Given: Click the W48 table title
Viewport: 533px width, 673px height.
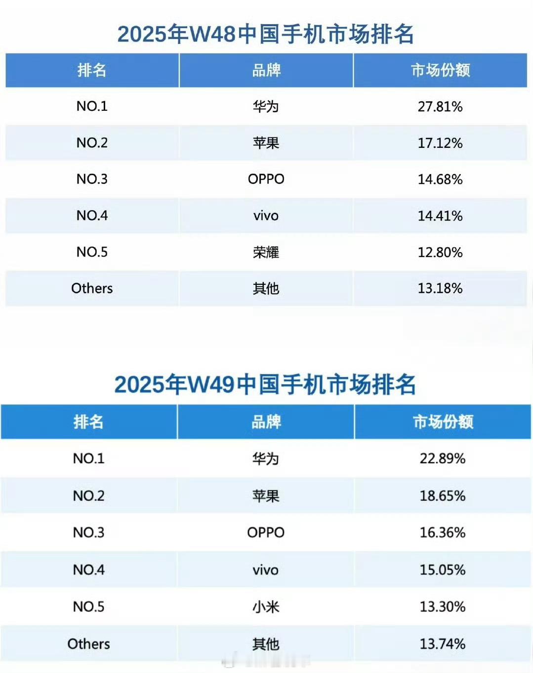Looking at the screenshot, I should coord(266,35).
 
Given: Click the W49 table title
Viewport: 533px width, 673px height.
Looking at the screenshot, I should coord(265,385).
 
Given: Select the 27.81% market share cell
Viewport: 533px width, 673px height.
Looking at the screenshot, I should coord(440,106).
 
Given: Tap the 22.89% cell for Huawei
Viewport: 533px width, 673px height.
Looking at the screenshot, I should coord(443,458).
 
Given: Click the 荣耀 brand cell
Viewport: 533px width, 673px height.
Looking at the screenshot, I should coord(266,252).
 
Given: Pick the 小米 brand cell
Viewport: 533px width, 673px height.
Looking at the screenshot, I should coord(266,607).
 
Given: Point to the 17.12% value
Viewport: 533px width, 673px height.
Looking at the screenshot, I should coord(440,143).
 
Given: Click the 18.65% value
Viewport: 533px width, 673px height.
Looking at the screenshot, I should coord(443,495).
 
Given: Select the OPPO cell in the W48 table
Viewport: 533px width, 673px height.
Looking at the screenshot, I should coord(266,179).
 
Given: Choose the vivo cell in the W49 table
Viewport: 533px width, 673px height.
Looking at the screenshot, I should coord(266,570).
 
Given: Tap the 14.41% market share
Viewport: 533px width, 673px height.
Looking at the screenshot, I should coord(440,216).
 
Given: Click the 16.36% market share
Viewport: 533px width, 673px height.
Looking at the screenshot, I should coord(443,533).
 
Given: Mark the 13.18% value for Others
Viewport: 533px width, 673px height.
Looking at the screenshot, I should coord(440,288).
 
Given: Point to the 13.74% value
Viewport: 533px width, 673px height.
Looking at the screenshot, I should coord(443,644).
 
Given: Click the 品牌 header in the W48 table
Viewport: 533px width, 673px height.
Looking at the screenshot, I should coord(266,70).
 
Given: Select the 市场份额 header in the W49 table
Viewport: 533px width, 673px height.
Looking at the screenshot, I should coord(443,422).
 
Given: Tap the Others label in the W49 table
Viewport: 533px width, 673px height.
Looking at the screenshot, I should coord(89,644).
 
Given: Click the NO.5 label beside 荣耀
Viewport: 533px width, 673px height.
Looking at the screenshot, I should coord(92,252).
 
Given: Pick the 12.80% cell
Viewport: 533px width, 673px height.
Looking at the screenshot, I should coord(440,252).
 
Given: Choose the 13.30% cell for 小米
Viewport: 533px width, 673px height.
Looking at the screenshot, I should coord(443,607).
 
